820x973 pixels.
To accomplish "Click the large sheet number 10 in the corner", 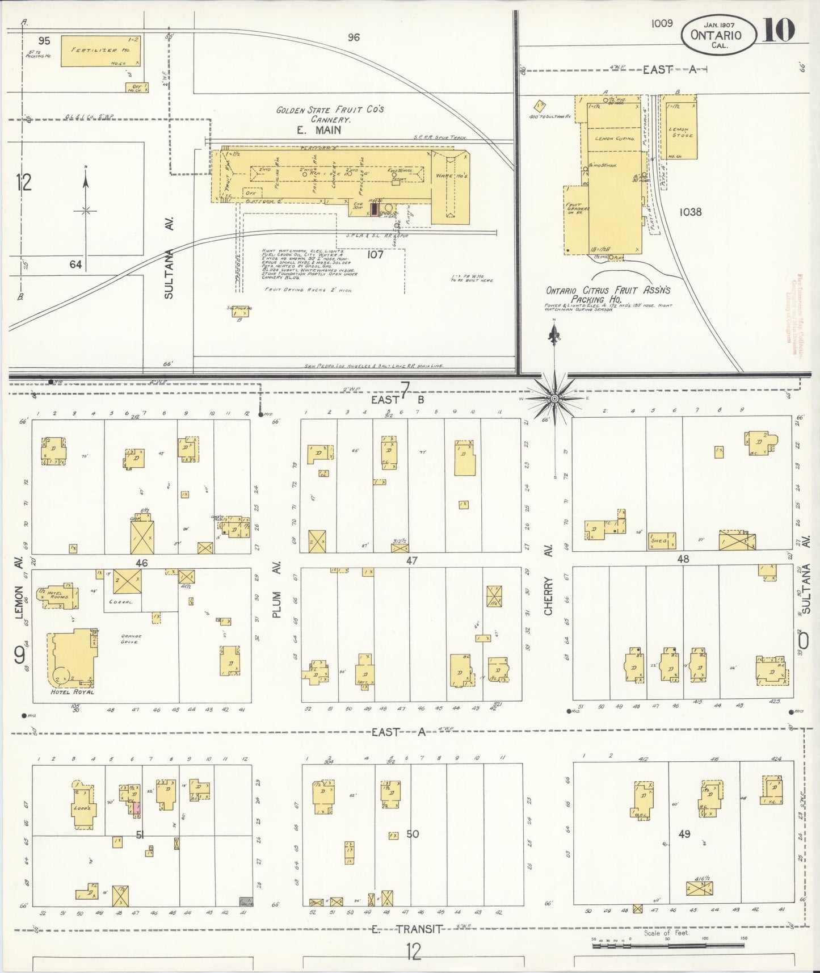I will [779, 29].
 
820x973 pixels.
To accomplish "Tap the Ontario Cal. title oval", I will [718, 35].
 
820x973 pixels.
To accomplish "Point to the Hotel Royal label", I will [72, 692].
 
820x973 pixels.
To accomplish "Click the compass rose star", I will [554, 399].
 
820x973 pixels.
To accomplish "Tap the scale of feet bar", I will [667, 946].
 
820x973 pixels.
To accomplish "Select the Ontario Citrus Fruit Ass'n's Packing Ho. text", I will [608, 294].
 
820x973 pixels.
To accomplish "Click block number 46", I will [141, 563].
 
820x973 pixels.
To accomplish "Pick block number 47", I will [412, 561].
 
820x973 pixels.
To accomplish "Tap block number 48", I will [683, 559].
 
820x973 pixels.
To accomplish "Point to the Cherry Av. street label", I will [548, 596].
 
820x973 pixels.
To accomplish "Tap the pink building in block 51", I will [136, 808].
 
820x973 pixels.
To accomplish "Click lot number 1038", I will [689, 212].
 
